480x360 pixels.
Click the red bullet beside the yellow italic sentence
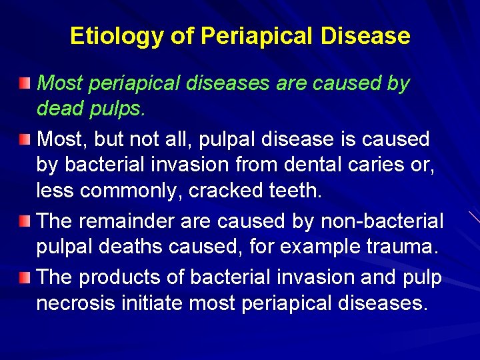tap(25, 83)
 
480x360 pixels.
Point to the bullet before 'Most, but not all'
tap(25, 139)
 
